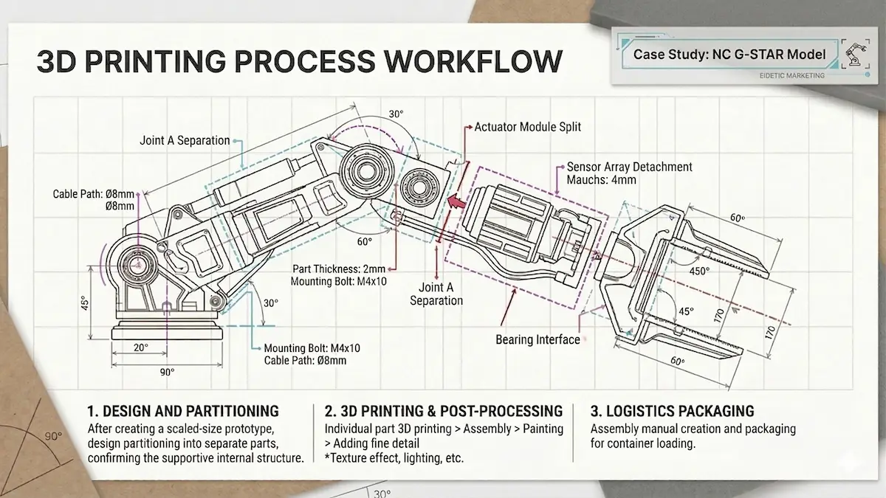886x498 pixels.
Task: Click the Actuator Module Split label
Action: (527, 127)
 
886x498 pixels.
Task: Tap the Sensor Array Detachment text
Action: (629, 167)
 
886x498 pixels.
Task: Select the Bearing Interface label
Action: (538, 339)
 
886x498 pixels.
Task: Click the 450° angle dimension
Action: (699, 271)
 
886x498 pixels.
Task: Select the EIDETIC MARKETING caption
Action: (791, 75)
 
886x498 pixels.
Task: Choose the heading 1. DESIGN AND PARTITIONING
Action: (183, 411)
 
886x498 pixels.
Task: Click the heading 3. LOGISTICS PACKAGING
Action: (672, 411)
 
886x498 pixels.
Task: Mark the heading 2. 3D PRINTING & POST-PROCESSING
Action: (444, 411)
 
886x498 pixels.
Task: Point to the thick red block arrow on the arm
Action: (458, 200)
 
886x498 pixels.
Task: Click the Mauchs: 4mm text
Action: (601, 180)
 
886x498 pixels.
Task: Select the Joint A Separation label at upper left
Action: (185, 141)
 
